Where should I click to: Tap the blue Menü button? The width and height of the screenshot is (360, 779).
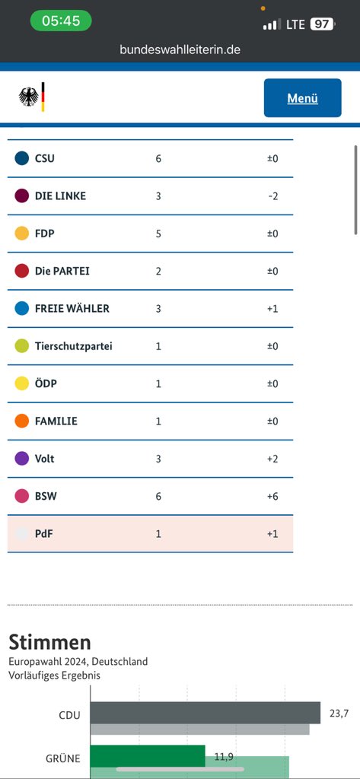point(302,98)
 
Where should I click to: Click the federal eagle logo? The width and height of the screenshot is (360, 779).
point(29,97)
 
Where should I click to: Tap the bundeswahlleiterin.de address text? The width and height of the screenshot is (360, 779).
point(180,49)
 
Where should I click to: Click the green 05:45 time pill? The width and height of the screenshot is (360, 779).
point(61,21)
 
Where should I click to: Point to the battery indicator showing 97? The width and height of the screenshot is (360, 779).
point(322,24)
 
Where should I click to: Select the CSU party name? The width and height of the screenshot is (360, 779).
point(45,159)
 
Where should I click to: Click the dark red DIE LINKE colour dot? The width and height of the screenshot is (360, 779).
point(22,196)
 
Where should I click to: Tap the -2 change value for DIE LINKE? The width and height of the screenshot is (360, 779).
point(272,196)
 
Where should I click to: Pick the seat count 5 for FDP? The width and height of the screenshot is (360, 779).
point(158,234)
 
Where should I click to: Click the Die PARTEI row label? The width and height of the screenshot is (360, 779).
point(62,272)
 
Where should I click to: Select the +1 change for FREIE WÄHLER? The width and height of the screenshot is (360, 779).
point(272,309)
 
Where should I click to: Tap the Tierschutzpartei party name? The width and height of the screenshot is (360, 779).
point(74,346)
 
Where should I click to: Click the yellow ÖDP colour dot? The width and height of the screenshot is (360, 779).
point(22,383)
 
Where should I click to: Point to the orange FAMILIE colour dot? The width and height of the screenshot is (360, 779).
point(22,421)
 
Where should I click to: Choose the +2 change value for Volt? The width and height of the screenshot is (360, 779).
point(272,459)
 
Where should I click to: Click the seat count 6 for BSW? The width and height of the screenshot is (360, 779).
point(158,496)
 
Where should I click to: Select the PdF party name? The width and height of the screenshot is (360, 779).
point(43,534)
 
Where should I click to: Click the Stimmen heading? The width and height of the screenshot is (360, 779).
point(49,642)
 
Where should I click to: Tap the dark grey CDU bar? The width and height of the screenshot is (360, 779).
point(205,712)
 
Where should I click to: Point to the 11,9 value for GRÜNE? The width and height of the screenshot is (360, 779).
point(223,757)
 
